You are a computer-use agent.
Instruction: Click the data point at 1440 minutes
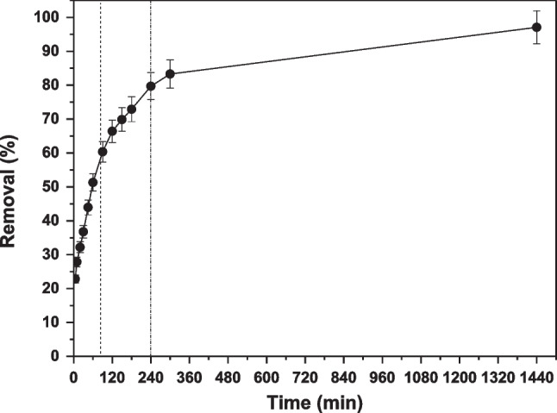click(536, 28)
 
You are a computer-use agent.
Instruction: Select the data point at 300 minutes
click(170, 73)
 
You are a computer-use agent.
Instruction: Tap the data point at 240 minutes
click(151, 86)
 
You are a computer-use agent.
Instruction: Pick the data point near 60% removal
click(103, 152)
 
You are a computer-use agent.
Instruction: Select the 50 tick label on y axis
click(54, 186)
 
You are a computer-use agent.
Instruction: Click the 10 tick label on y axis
click(54, 322)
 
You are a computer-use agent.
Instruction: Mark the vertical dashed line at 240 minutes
click(151, 216)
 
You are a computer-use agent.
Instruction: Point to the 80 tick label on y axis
click(54, 85)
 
